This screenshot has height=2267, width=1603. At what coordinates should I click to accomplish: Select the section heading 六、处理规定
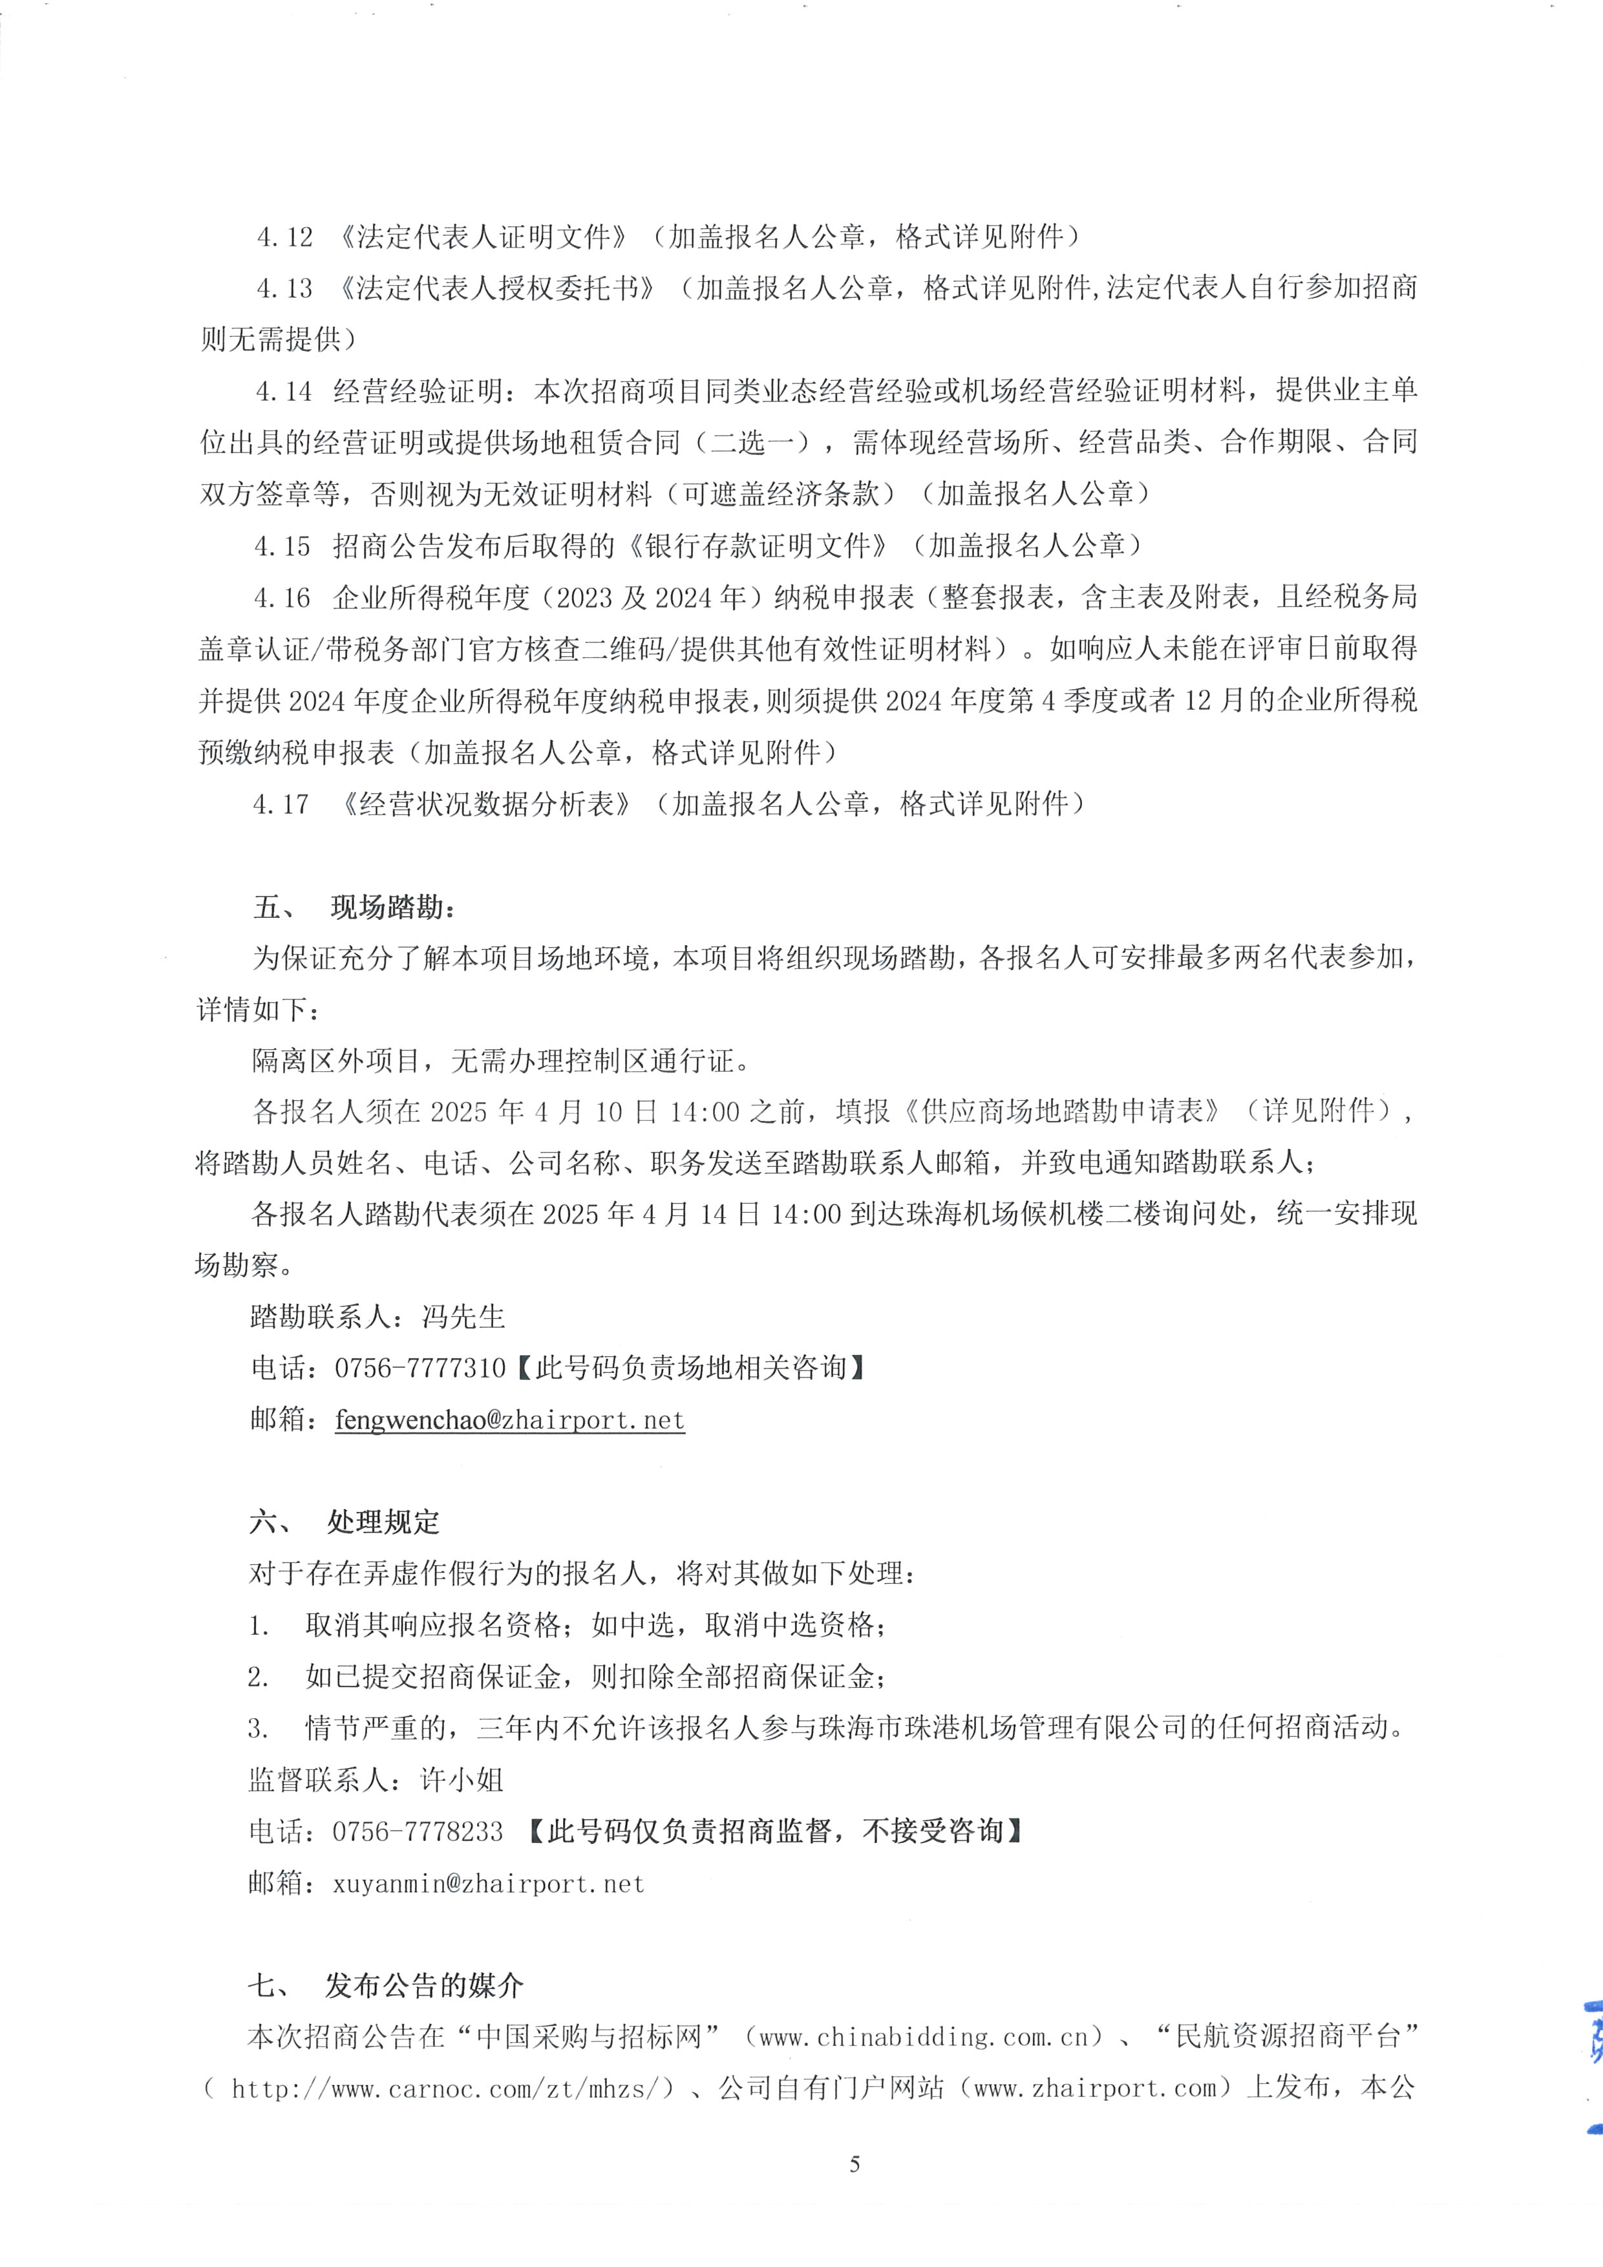[x=345, y=1522]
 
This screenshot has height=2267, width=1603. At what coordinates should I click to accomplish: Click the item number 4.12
[x=284, y=237]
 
